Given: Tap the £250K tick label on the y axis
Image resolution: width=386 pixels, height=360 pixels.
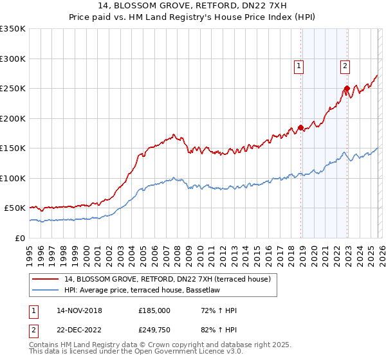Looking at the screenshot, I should (x=13, y=89).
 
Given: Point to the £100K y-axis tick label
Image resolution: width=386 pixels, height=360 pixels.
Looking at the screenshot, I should (x=13, y=178).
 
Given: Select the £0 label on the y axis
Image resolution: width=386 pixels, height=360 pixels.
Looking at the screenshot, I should (x=21, y=238).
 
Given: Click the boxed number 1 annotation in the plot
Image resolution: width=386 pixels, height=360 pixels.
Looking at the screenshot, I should (x=299, y=64).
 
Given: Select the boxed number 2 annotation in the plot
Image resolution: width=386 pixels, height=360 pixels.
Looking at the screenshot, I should (x=345, y=64).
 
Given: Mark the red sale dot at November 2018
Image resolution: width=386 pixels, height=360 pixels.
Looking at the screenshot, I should (x=300, y=127).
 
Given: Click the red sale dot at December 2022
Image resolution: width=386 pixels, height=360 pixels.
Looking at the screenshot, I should (x=347, y=88).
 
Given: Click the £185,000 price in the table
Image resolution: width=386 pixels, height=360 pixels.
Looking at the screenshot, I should (x=154, y=310).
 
